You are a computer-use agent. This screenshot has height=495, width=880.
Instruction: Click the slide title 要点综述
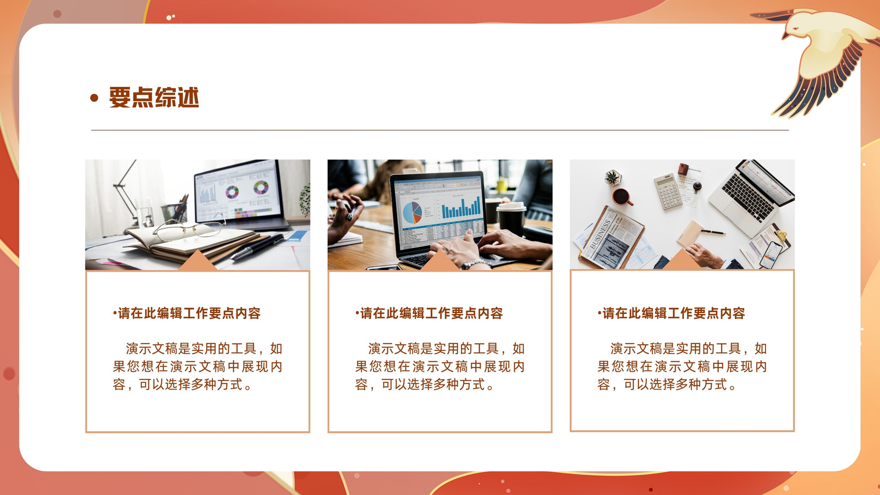(x=154, y=97)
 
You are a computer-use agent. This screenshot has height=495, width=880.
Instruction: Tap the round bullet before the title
(x=94, y=98)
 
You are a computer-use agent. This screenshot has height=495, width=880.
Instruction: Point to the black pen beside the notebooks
(x=257, y=246)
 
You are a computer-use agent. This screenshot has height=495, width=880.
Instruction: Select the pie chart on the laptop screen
(x=412, y=212)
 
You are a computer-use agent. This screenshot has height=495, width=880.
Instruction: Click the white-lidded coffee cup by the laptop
(x=511, y=218)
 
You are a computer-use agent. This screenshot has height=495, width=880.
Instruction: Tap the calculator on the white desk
(x=668, y=191)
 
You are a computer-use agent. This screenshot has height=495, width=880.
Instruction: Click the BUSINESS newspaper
(x=612, y=240)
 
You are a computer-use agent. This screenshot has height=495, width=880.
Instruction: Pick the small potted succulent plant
(x=613, y=177)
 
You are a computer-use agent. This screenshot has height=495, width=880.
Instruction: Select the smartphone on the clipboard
(x=771, y=255)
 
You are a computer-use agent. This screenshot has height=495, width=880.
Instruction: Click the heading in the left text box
(x=186, y=313)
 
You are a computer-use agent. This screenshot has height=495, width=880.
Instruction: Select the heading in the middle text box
(x=429, y=313)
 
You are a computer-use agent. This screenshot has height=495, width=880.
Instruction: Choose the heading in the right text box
(x=672, y=313)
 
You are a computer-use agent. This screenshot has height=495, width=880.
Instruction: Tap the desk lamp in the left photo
(x=127, y=192)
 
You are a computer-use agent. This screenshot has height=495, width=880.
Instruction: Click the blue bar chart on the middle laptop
(x=461, y=207)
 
